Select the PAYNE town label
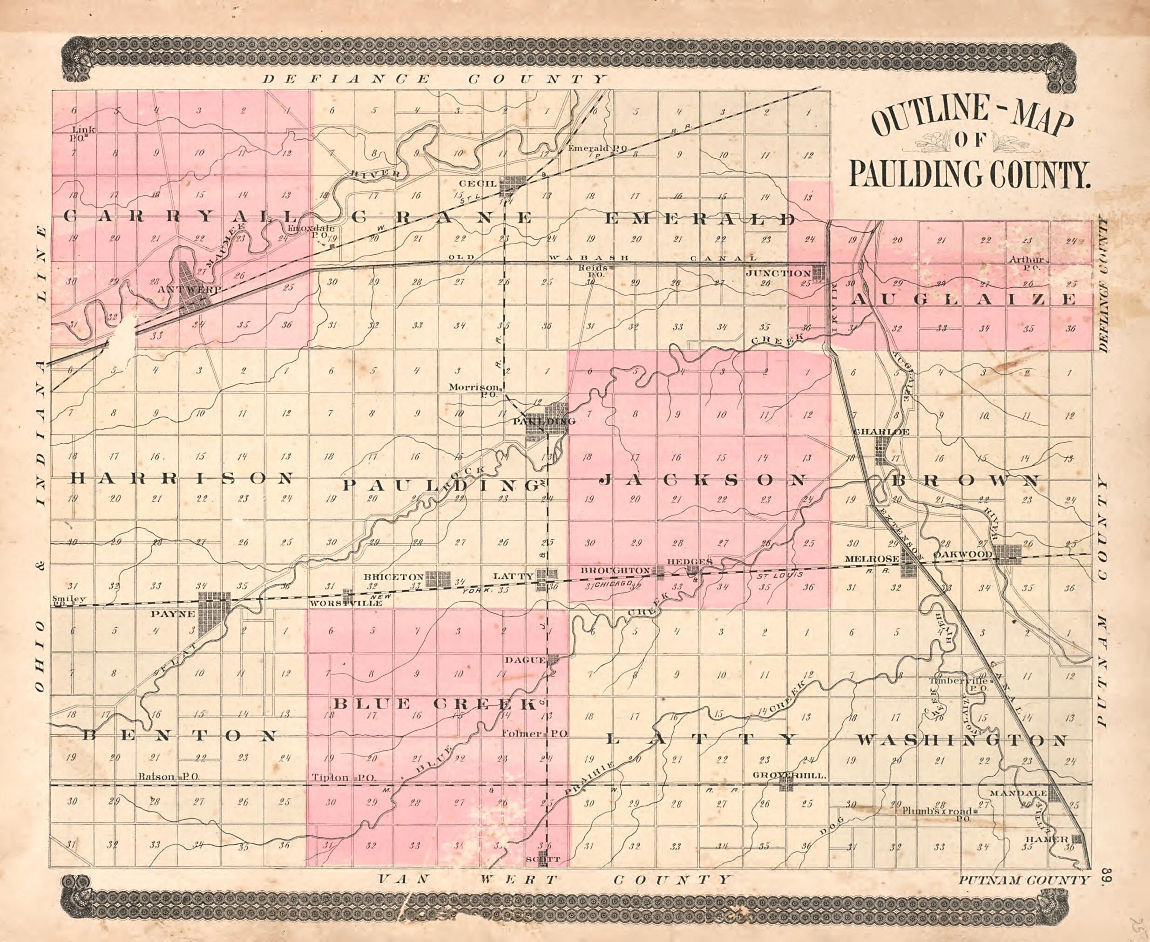pyautogui.click(x=172, y=614)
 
